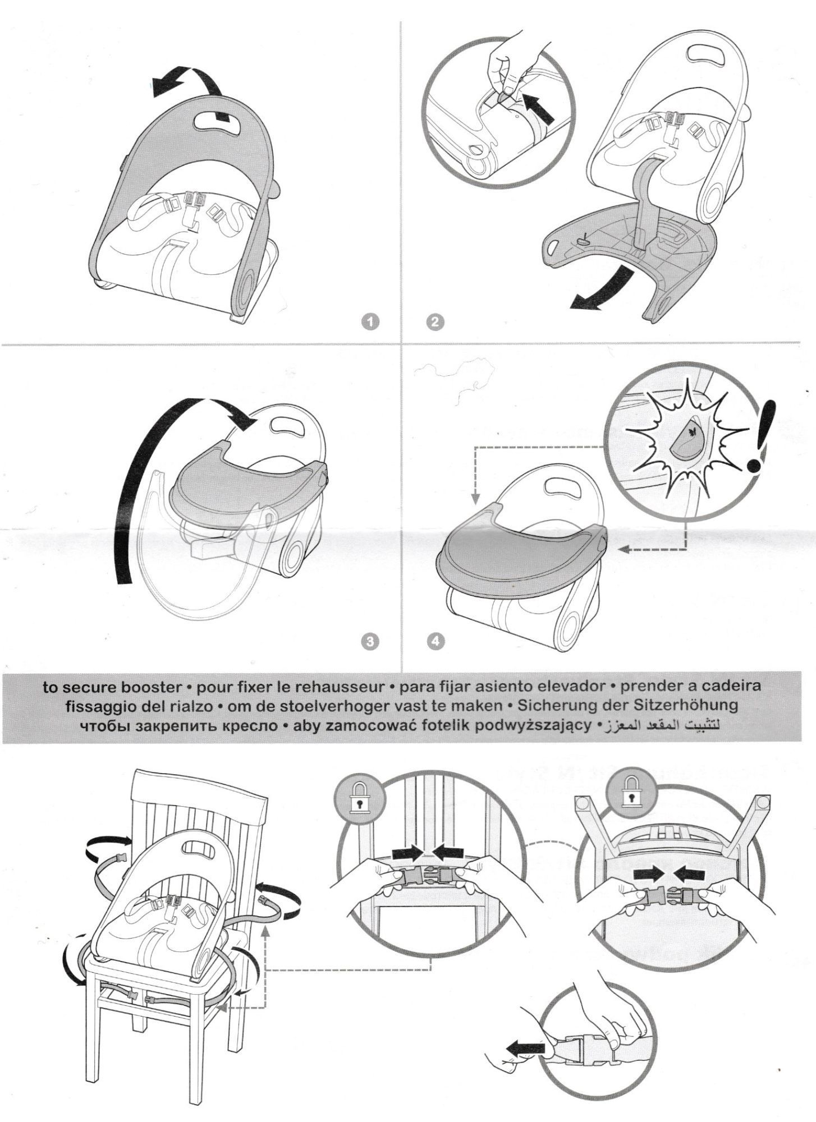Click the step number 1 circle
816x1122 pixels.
pyautogui.click(x=370, y=321)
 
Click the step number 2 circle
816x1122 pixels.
pyautogui.click(x=435, y=322)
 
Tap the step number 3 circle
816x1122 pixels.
pyautogui.click(x=369, y=641)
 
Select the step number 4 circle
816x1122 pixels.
pyautogui.click(x=434, y=641)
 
